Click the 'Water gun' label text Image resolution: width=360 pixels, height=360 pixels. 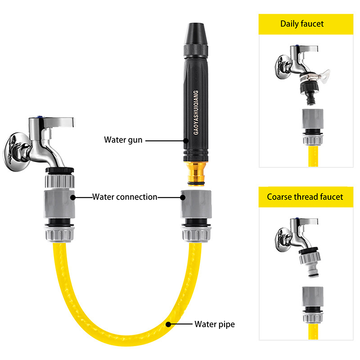coord(123,140)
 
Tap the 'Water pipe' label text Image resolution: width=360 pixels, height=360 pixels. coord(215,324)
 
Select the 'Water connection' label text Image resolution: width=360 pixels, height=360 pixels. coord(125,197)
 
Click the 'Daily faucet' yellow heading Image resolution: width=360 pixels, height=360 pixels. coord(302,24)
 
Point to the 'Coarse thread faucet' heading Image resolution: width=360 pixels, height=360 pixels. coord(305,197)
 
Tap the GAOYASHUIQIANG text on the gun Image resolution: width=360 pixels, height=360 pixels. coord(196,112)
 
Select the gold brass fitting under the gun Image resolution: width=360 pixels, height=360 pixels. coord(196,173)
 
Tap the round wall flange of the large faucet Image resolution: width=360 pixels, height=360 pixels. coord(17,152)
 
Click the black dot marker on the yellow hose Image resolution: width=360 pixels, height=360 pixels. coord(168,324)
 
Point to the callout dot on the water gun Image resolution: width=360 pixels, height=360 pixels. coord(186,140)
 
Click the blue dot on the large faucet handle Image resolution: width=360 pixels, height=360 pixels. coord(41,117)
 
